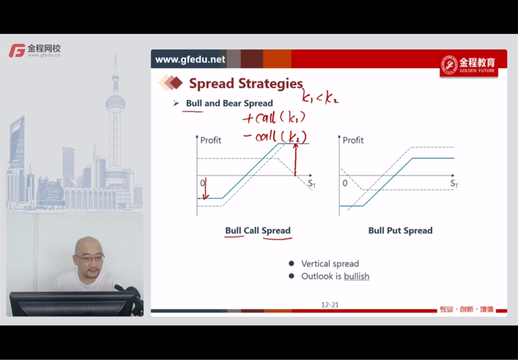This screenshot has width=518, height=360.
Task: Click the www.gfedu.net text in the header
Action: tap(190, 60)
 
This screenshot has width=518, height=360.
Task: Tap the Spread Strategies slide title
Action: tap(246, 83)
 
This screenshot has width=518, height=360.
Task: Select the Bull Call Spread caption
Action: tap(258, 230)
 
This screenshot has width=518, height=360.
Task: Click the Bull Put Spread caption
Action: tap(401, 230)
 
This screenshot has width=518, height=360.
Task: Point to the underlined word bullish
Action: tap(357, 276)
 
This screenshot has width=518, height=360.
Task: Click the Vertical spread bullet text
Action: tap(330, 263)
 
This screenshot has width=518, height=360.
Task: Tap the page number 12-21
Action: tap(330, 304)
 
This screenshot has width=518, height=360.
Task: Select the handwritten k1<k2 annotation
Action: tap(320, 97)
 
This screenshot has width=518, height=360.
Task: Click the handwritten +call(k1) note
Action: tap(274, 117)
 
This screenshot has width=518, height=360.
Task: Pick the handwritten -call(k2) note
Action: tap(275, 137)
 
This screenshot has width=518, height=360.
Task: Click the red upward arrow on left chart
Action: tap(295, 160)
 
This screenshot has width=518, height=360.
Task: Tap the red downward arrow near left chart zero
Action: tap(205, 189)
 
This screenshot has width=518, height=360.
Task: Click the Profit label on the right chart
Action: tap(353, 140)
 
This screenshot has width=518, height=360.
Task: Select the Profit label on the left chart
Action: tap(211, 140)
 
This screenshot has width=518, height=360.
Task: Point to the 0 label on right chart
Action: tap(345, 183)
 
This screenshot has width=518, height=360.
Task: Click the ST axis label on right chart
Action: tap(454, 184)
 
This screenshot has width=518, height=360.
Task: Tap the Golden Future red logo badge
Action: tap(469, 65)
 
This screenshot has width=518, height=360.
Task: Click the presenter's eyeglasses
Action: tap(90, 257)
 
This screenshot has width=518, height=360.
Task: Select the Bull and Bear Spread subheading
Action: tap(229, 103)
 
